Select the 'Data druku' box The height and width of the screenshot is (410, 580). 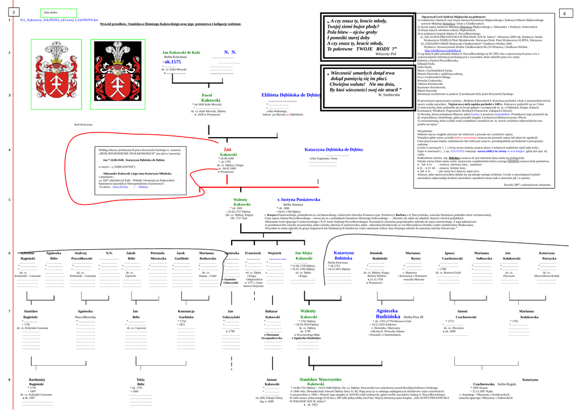click(x=58, y=12)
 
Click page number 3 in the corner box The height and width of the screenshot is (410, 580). click(x=12, y=12)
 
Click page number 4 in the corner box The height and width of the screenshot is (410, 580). click(x=565, y=12)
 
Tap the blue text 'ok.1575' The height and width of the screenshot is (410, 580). click(x=172, y=61)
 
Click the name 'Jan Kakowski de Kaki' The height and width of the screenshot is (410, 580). click(x=181, y=52)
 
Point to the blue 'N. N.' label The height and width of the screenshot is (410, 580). click(x=230, y=52)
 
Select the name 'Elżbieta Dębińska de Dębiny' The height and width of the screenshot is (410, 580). click(x=291, y=95)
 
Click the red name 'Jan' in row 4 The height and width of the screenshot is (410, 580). click(x=227, y=150)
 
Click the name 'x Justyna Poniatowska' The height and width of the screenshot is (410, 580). click(x=298, y=199)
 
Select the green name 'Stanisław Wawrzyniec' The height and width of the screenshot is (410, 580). click(x=321, y=379)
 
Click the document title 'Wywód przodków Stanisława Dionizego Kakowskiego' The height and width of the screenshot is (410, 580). click(x=170, y=24)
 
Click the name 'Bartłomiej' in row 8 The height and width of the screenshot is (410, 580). click(x=37, y=379)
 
